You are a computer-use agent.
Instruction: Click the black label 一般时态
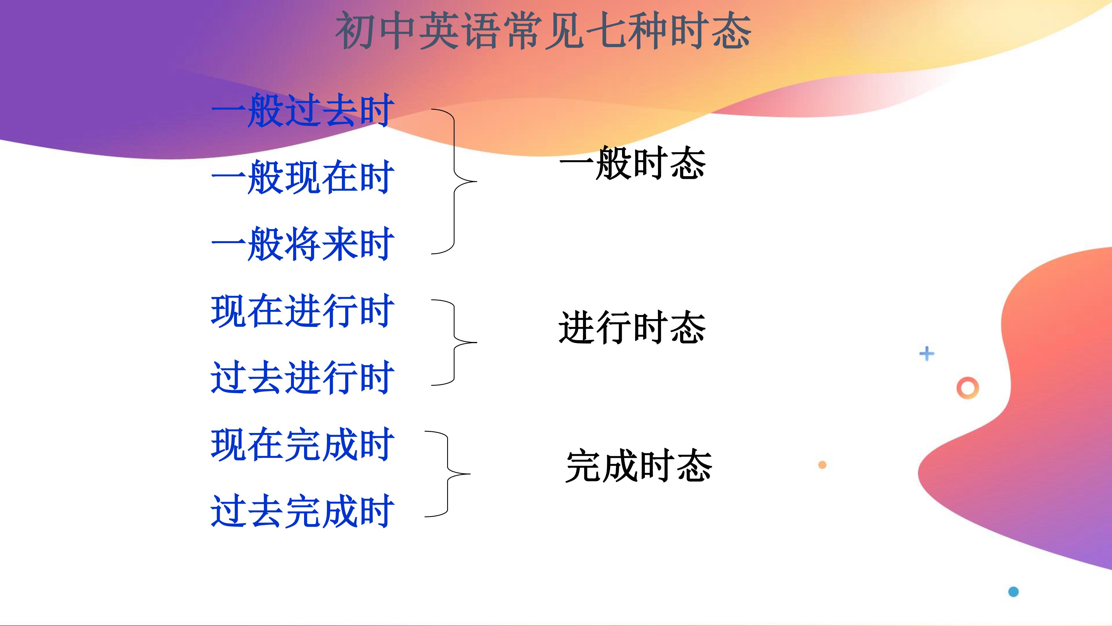point(632,163)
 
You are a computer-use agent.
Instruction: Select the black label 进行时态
point(632,327)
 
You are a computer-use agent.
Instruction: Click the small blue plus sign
point(927,354)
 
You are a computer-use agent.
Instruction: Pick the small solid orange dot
point(822,465)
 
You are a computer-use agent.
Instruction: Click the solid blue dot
point(1014,592)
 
